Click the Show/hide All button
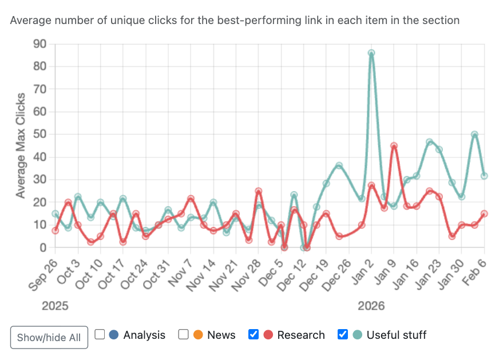(49, 337)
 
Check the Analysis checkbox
(100, 335)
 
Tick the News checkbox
(184, 335)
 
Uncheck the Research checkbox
(254, 335)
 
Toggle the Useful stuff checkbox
(343, 335)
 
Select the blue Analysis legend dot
(114, 335)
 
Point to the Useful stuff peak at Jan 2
(371, 53)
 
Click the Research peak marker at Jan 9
(394, 146)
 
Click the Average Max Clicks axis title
(21, 145)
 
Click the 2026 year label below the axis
(371, 306)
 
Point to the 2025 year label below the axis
(55, 306)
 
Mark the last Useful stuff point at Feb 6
(484, 176)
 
